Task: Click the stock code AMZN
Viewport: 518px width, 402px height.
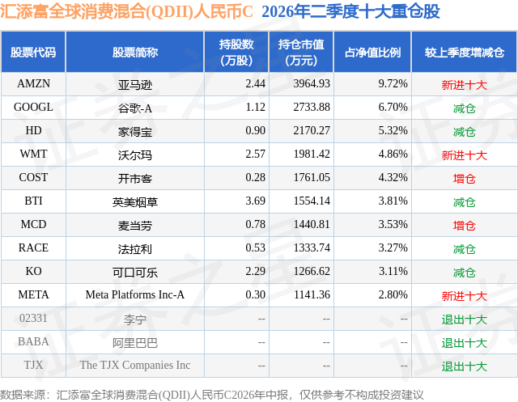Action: (33, 84)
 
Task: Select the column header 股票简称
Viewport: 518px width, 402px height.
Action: (135, 53)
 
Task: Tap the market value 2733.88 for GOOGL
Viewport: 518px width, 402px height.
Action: (312, 108)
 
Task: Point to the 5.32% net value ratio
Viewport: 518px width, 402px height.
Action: (393, 131)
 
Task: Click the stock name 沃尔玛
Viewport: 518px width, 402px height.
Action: (135, 155)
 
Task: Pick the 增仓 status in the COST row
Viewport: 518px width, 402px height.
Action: (464, 179)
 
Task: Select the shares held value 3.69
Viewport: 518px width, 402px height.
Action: (256, 201)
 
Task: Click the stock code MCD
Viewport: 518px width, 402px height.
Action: (33, 224)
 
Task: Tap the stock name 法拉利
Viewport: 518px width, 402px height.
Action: (135, 249)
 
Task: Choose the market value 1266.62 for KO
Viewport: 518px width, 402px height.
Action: (312, 271)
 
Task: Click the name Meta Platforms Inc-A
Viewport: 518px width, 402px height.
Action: (135, 294)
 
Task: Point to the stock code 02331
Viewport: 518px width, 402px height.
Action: (33, 318)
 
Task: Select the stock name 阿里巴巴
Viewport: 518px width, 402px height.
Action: (135, 343)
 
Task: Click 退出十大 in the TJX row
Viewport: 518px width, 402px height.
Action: (464, 366)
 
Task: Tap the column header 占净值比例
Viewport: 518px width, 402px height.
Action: (372, 53)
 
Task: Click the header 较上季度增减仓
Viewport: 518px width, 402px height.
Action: (464, 53)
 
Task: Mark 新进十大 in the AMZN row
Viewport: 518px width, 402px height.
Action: (464, 85)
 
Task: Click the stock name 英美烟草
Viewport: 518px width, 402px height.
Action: (135, 202)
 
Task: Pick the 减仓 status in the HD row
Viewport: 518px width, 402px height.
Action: (464, 132)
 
